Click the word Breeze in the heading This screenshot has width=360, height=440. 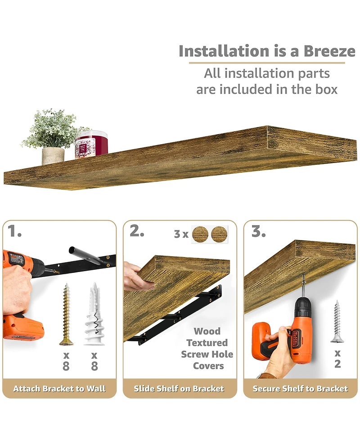click(x=329, y=51)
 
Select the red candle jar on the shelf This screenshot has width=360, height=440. click(x=91, y=144)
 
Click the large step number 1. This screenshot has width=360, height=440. click(x=14, y=231)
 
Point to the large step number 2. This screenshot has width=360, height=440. click(x=137, y=231)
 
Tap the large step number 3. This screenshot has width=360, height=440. click(x=258, y=231)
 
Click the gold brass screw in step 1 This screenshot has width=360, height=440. click(x=66, y=314)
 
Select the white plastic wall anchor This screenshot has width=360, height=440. click(x=94, y=314)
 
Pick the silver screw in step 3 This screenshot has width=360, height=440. click(x=337, y=321)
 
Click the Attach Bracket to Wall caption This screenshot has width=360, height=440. click(x=59, y=389)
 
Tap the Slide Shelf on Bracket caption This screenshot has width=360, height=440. click(x=179, y=389)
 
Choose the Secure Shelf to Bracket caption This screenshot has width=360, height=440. click(x=300, y=389)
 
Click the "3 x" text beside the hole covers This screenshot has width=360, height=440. click(x=181, y=234)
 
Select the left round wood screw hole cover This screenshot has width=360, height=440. click(x=200, y=234)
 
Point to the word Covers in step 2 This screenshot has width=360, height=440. click(x=208, y=366)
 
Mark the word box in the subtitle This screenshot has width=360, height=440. click(x=327, y=90)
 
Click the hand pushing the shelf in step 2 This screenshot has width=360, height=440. click(x=138, y=276)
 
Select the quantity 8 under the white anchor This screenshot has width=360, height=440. click(x=94, y=366)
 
